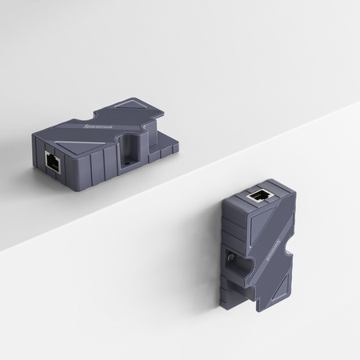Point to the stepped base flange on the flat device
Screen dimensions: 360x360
pos(165,150)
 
